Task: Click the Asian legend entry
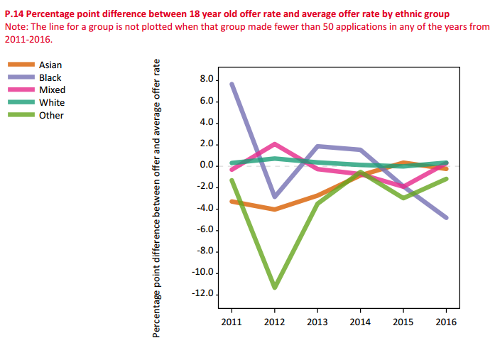click(50, 65)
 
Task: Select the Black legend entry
click(50, 77)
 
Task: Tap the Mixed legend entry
click(52, 90)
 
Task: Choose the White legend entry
click(51, 103)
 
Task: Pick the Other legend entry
click(51, 116)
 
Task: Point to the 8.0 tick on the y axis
click(206, 80)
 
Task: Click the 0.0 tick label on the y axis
click(206, 165)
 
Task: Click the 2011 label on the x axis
click(232, 322)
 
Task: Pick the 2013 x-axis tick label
click(316, 322)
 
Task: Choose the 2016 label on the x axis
click(445, 322)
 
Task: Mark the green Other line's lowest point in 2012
click(274, 287)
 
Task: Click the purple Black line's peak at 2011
click(232, 84)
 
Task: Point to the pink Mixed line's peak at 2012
click(275, 144)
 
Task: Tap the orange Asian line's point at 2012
click(274, 209)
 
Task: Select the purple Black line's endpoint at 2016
click(445, 217)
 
